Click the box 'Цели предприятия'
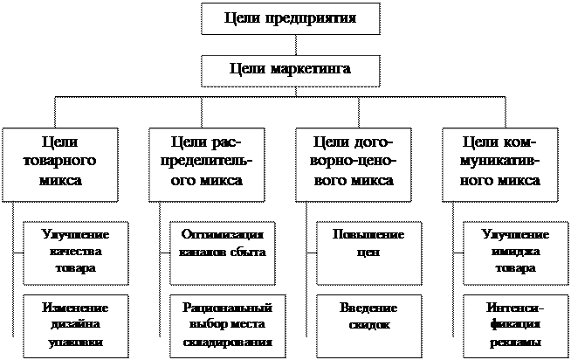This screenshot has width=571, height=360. [291, 18]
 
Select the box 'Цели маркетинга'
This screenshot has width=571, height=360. [291, 70]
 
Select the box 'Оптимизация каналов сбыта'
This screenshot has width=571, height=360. [221, 252]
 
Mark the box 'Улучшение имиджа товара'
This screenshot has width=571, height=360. [514, 252]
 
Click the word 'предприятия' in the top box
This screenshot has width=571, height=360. [314, 18]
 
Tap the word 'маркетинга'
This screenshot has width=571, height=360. [314, 70]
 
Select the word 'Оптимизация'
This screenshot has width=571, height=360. [221, 235]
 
